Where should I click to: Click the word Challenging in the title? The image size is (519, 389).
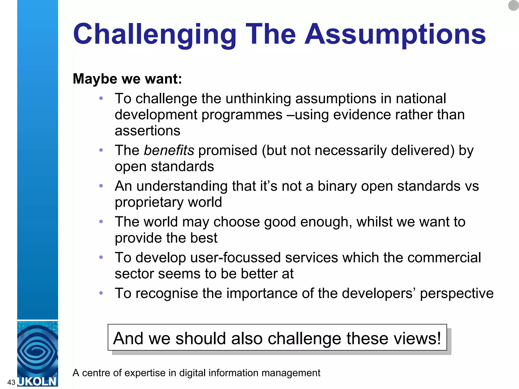pos(155,34)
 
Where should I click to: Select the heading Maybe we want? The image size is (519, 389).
pos(127,79)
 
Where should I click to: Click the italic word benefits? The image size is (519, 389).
pos(169,150)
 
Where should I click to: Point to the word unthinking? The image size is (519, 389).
pos(258,99)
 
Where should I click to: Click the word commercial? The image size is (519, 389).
pos(444,258)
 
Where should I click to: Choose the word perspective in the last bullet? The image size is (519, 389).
pos(457,294)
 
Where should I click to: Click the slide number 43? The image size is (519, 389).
pos(11,382)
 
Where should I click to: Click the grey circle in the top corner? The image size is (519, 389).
pos(513,5)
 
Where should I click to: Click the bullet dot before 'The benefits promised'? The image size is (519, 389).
pos(101,150)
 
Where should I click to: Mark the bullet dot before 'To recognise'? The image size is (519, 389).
pos(101,293)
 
